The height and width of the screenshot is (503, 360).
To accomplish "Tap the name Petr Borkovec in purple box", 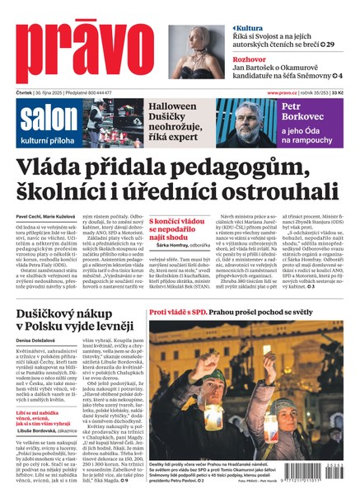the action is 302,113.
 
